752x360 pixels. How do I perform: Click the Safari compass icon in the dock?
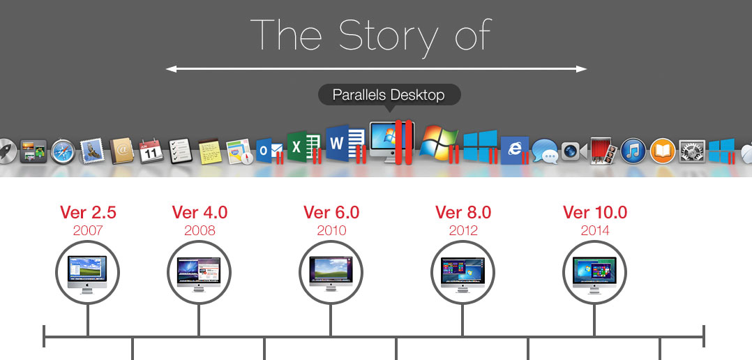[63, 151]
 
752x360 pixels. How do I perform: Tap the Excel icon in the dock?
[304, 147]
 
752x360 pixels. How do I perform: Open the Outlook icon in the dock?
[269, 151]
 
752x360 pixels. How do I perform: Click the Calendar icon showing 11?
[151, 151]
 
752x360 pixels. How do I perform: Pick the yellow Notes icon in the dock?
[210, 152]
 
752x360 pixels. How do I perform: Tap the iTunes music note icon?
[633, 151]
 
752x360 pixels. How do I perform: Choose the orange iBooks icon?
[663, 151]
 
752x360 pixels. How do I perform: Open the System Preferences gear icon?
[692, 151]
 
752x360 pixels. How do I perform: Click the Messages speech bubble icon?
[545, 151]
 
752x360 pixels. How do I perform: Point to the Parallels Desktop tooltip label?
[389, 95]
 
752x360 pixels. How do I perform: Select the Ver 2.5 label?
[88, 212]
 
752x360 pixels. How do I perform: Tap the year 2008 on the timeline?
[200, 230]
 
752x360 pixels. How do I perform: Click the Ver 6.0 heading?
[331, 212]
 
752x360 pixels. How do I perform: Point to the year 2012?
[463, 230]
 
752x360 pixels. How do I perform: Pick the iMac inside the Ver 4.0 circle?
[199, 274]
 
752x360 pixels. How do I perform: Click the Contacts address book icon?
[122, 152]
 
